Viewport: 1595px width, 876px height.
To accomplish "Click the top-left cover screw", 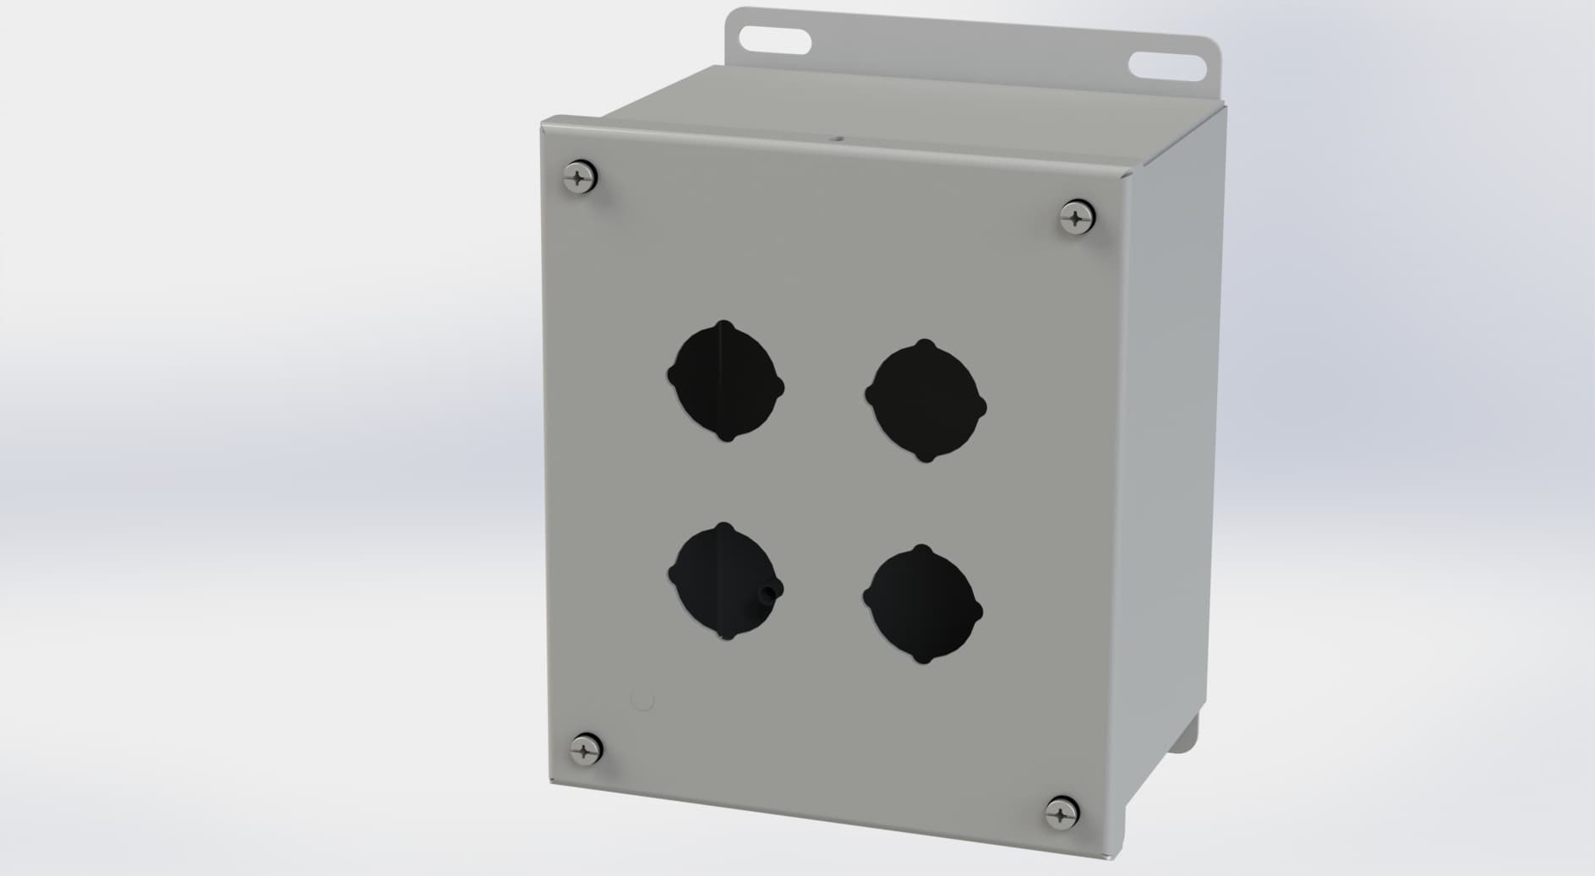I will click(x=580, y=177).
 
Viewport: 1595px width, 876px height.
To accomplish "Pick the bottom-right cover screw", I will click(x=1062, y=813).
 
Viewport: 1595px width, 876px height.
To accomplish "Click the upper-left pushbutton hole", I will click(x=725, y=382).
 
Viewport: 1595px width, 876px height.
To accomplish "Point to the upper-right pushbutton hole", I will click(x=926, y=402).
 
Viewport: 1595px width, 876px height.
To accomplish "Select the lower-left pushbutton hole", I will click(x=724, y=581).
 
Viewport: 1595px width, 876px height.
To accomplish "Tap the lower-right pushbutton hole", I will click(x=922, y=604).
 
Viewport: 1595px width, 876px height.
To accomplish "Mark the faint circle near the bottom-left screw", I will click(x=643, y=699).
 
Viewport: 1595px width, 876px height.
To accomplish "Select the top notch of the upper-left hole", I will click(x=724, y=324).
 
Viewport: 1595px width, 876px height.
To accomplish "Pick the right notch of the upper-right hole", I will click(x=981, y=407).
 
